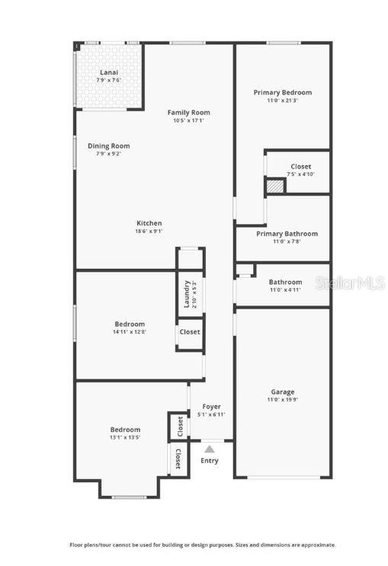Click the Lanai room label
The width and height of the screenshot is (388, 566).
click(x=109, y=72)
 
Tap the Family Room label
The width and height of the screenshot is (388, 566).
click(x=188, y=113)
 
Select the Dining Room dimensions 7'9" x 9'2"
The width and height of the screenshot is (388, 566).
click(x=108, y=154)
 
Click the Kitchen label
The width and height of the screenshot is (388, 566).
click(x=149, y=223)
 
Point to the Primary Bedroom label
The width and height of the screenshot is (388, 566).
click(x=282, y=92)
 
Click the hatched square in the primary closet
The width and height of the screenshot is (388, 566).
click(x=274, y=185)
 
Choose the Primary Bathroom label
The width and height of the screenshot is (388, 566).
click(x=287, y=234)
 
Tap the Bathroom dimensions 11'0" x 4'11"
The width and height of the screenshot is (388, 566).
click(x=285, y=289)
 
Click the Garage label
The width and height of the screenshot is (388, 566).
click(x=283, y=392)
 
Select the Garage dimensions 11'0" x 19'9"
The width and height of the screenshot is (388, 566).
click(x=283, y=400)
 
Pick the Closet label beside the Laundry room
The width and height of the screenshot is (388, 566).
click(x=190, y=331)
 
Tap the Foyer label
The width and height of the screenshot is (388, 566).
click(x=211, y=407)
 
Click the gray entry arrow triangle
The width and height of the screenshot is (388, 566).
click(x=209, y=449)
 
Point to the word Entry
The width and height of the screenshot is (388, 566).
click(x=209, y=460)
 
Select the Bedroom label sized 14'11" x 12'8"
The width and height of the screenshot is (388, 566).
click(x=129, y=324)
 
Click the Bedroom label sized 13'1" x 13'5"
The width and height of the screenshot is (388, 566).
click(x=124, y=430)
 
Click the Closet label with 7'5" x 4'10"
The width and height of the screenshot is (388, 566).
click(x=300, y=167)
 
